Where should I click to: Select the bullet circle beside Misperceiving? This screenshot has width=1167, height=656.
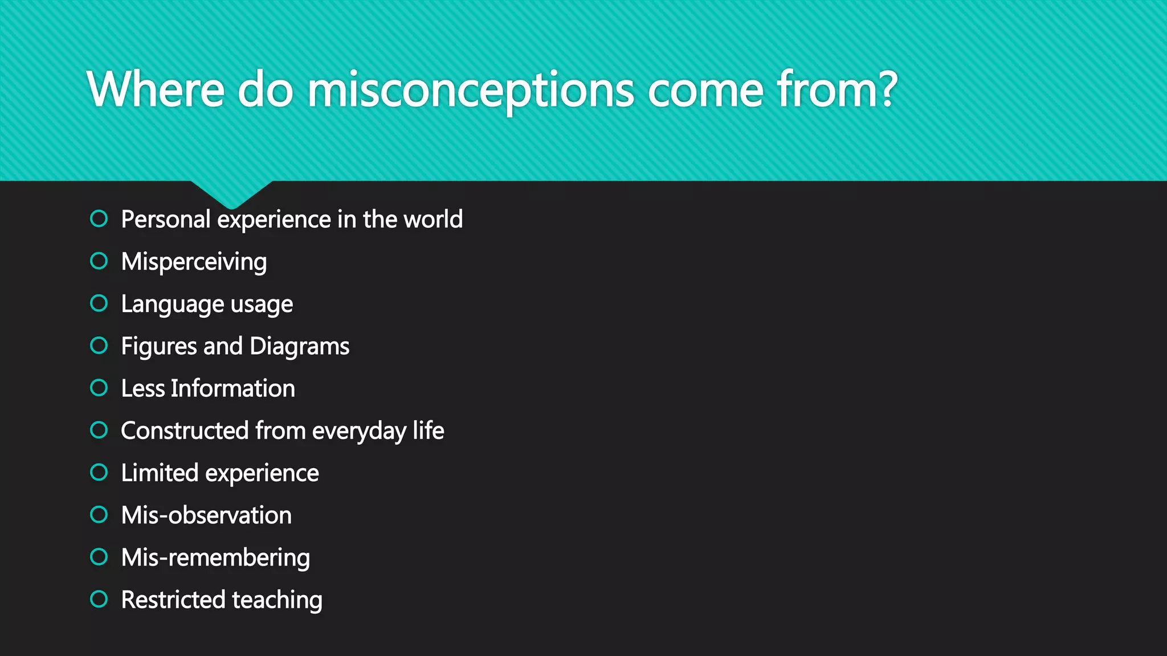[x=99, y=261]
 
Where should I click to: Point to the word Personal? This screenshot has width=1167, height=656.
[x=166, y=219]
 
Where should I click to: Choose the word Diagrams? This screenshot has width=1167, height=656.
[x=299, y=346]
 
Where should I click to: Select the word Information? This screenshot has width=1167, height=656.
[x=233, y=388]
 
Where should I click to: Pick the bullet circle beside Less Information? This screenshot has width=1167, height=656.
[x=99, y=388]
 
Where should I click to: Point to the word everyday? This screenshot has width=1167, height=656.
[x=359, y=431]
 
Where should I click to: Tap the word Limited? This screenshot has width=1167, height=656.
[x=160, y=473]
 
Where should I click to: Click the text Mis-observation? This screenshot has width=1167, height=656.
[x=206, y=515]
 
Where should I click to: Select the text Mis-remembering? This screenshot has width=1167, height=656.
[x=215, y=557]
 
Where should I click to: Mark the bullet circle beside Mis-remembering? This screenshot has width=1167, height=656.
[x=99, y=556]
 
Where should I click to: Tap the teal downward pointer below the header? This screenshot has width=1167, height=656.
[x=231, y=194]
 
